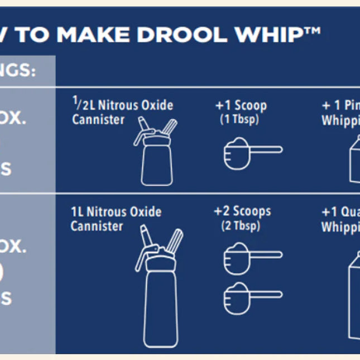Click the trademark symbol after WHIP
point(313,30)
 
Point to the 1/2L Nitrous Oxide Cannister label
point(122,112)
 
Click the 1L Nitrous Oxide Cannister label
point(116,219)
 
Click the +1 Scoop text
point(241,105)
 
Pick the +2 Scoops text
point(242,212)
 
